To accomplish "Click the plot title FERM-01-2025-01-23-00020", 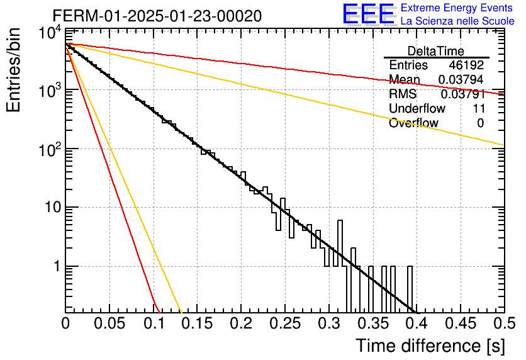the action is (x=157, y=16).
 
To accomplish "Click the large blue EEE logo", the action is (x=369, y=14).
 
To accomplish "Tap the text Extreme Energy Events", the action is (x=457, y=8).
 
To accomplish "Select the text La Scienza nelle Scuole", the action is (x=457, y=21).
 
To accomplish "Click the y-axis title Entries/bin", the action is (x=13, y=70).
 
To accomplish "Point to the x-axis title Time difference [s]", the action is (x=430, y=346).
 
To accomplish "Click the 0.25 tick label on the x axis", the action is (x=285, y=323).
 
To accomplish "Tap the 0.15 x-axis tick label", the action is (x=197, y=323).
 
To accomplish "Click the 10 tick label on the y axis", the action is (x=53, y=207).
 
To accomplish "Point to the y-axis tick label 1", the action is (x=57, y=266).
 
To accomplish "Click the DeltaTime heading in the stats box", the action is (x=436, y=51).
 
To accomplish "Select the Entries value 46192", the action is (x=466, y=65).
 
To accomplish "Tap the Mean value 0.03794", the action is (x=461, y=79).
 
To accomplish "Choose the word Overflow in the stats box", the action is (x=413, y=123).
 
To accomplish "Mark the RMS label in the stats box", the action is (x=403, y=94).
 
